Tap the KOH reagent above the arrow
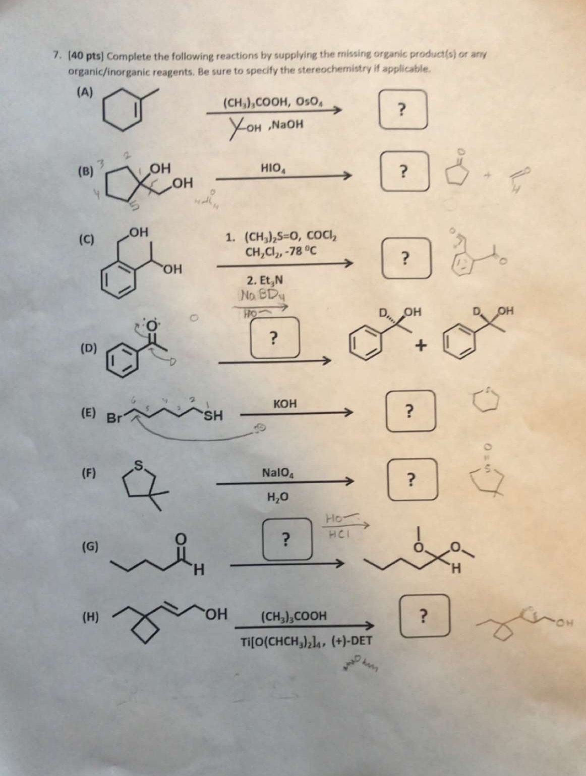point(285,404)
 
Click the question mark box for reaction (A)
point(403,109)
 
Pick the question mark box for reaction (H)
point(424,615)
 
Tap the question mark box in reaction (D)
point(274,337)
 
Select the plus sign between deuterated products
point(421,346)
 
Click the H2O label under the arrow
point(277,497)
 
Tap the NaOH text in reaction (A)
point(289,124)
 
